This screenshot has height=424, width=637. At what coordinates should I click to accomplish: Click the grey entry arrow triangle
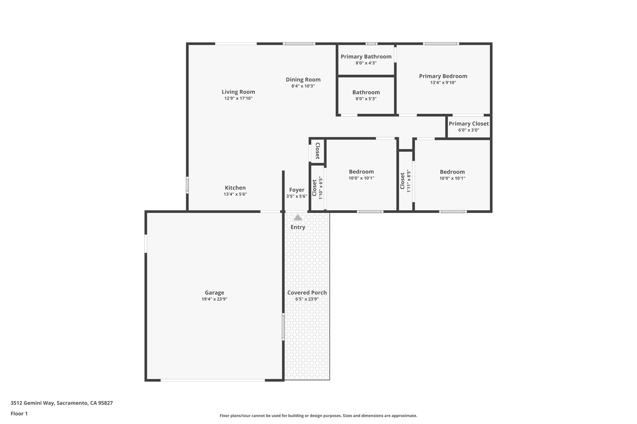pos(298,218)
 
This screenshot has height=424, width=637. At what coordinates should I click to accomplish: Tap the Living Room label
pos(238,92)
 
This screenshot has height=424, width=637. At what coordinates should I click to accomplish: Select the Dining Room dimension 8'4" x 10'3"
pos(303,86)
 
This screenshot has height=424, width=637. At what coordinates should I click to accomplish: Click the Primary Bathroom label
pos(366,57)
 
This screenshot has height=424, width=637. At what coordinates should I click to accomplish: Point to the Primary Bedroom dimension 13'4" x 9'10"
pos(443,83)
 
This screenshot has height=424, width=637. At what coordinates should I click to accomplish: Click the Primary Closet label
pos(468,124)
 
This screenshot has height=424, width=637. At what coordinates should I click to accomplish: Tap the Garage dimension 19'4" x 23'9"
pos(214,299)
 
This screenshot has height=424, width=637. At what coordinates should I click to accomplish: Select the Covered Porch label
pos(307,293)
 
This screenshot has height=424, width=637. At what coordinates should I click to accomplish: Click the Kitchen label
pos(235,188)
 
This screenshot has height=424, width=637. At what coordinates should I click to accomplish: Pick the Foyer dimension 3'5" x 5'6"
pos(297,196)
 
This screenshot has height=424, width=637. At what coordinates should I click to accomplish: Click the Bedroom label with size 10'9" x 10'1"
pos(452,172)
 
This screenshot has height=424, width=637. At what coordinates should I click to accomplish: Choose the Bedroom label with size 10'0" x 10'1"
pos(361,171)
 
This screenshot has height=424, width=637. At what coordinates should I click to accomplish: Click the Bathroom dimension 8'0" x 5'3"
pos(366,99)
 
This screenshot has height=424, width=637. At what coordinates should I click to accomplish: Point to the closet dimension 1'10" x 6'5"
pos(321,188)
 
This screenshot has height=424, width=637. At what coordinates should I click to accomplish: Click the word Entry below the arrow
pos(298,227)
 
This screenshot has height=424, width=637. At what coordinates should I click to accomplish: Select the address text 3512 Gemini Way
pos(33,403)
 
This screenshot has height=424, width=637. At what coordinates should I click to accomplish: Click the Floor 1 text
pos(19,413)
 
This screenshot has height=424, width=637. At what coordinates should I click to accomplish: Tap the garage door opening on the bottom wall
pos(212,380)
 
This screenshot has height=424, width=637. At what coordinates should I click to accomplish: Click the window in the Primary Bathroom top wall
pos(371,44)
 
